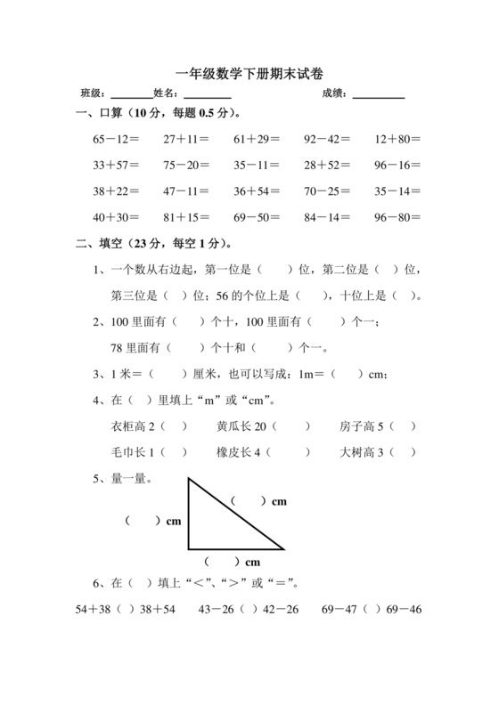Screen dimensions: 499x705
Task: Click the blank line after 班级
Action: (131, 93)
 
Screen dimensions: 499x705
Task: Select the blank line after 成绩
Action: (379, 93)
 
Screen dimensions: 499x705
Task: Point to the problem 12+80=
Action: (397, 140)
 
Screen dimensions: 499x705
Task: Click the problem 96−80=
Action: (397, 216)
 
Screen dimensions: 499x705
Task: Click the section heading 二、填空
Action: (107, 242)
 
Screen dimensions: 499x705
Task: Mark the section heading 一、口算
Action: (107, 114)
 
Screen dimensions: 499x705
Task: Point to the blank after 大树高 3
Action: (403, 452)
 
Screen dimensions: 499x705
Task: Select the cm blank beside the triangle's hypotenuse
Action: (249, 502)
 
